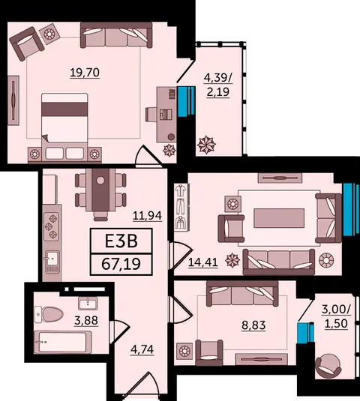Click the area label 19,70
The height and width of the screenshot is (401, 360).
[x=85, y=73]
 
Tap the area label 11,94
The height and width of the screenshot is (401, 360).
[x=148, y=216]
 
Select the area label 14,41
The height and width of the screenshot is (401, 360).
[x=203, y=262]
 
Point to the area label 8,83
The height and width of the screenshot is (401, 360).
[x=253, y=325]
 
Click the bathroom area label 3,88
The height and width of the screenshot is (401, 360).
[x=86, y=320]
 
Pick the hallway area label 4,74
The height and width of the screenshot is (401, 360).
[x=142, y=349]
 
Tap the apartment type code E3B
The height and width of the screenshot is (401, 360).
[x=121, y=241]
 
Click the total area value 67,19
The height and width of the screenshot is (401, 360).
[x=121, y=264]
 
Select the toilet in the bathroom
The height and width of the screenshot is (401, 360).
[x=49, y=315]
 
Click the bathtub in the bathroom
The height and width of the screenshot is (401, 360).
[x=63, y=343]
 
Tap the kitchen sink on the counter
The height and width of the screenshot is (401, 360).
[x=52, y=259]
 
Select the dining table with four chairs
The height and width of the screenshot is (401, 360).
[x=100, y=193]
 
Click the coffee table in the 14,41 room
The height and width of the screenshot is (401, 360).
[x=279, y=218]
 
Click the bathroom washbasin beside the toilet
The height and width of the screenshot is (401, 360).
[x=88, y=304]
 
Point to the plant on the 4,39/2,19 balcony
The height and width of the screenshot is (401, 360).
[x=206, y=145]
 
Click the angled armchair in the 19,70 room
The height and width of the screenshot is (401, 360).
[x=26, y=43]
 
